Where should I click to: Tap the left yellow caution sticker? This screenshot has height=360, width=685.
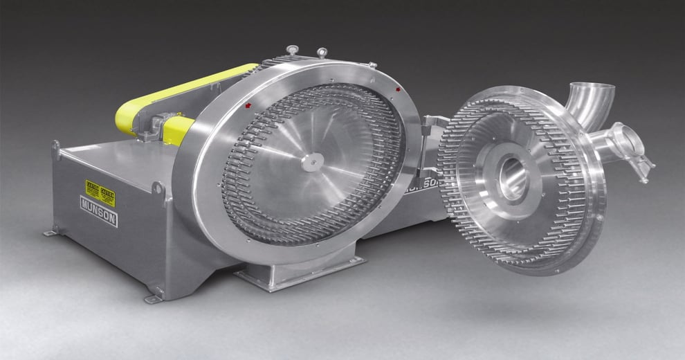tap(92, 189)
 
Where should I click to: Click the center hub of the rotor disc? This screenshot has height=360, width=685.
tap(312, 161)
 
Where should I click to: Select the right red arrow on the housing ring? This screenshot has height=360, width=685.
tap(397, 91)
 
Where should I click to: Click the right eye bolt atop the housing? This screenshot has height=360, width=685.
tap(322, 52)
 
